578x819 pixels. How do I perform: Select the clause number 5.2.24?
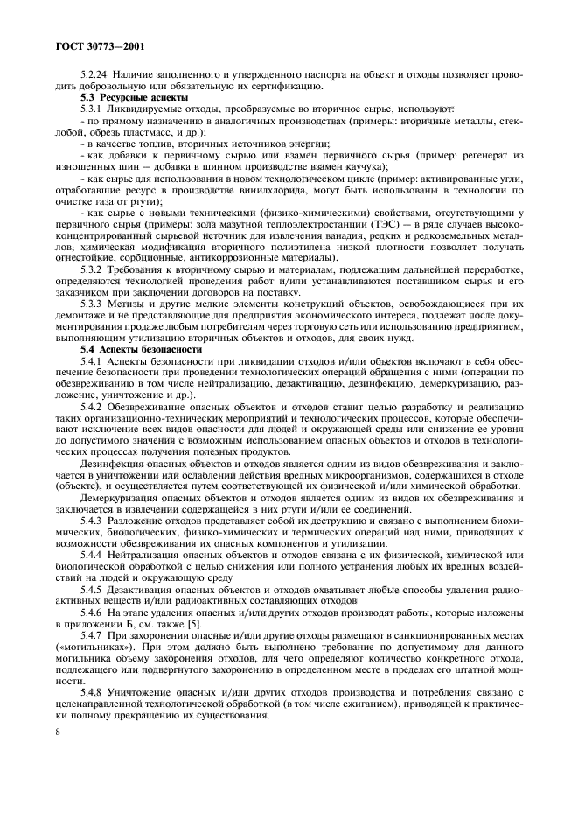pos(94,74)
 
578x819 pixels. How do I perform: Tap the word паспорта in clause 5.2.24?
pos(333,74)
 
